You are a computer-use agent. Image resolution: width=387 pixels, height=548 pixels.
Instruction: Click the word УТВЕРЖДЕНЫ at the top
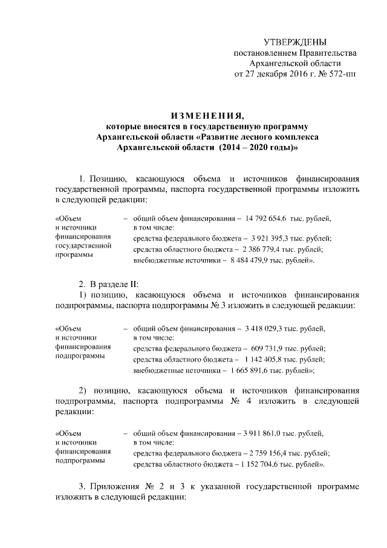point(296,42)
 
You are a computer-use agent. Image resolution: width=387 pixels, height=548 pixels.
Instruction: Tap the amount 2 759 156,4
point(268,453)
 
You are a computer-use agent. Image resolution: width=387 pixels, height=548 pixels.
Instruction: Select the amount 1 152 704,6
point(266,464)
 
